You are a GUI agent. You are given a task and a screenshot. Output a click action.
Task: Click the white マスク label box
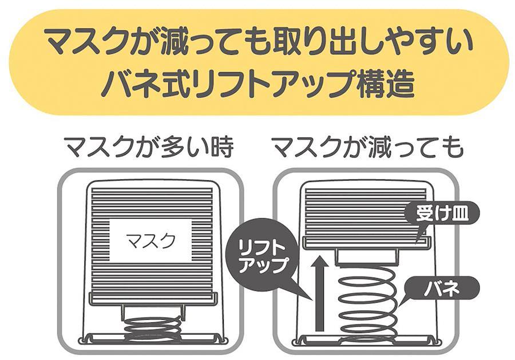(x=150, y=241)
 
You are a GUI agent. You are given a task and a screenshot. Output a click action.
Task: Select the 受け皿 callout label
(x=442, y=215)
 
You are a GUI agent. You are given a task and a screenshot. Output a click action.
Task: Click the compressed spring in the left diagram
(x=153, y=329)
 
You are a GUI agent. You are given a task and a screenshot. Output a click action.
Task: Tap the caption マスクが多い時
(x=150, y=147)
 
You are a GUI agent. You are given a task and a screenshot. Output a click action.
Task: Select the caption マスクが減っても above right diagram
(x=368, y=147)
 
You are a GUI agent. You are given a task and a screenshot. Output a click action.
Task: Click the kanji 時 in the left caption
(x=223, y=147)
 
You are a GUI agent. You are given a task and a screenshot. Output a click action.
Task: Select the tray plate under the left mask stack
(x=153, y=298)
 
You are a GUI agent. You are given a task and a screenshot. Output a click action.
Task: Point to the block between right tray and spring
(x=366, y=256)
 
